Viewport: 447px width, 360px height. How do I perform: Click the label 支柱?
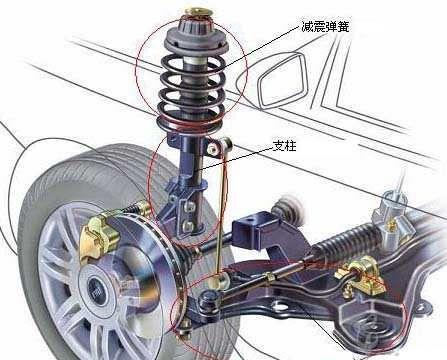point(284,146)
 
